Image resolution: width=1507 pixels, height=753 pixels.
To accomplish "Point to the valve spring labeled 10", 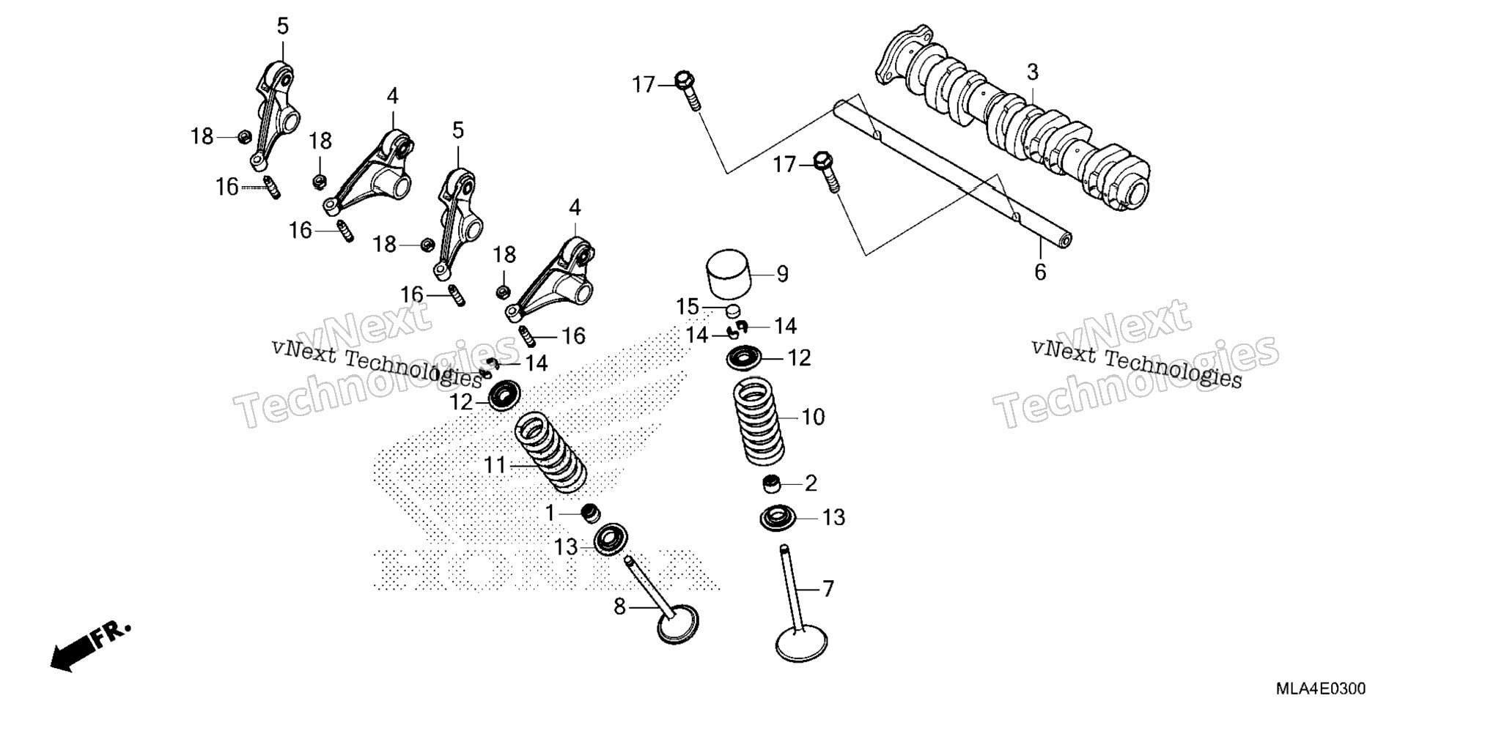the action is click(x=759, y=420).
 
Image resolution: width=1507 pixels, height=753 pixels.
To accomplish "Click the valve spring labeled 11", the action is click(x=551, y=452).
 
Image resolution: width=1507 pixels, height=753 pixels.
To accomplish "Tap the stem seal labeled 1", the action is click(x=590, y=513).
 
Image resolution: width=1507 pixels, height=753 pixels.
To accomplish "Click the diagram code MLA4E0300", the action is click(x=1321, y=689).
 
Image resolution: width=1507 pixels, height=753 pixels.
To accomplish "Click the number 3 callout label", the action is click(x=1032, y=73).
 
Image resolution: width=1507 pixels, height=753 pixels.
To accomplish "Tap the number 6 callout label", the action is click(x=1040, y=272).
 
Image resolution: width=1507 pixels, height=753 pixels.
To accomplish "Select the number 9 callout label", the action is click(x=783, y=274).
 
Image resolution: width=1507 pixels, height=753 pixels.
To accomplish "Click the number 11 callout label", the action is click(x=495, y=465).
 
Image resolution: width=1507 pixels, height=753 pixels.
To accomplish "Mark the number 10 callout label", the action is click(x=813, y=418).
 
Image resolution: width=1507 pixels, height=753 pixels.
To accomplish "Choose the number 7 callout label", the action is click(x=828, y=589).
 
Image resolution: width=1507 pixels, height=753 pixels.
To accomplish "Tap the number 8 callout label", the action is click(x=620, y=607).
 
